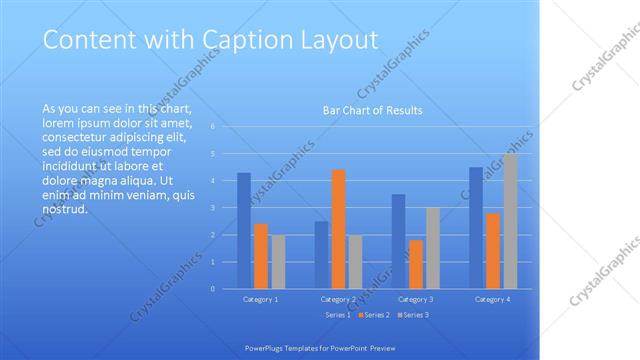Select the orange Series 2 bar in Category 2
click(x=338, y=229)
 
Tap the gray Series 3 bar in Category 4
click(x=510, y=221)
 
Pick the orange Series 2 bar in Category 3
click(x=416, y=264)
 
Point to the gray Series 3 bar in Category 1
click(x=277, y=262)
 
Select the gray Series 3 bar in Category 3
click(x=432, y=248)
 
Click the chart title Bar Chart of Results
click(x=372, y=110)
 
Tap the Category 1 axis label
click(x=260, y=299)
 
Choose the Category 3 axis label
click(x=415, y=299)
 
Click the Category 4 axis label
click(x=492, y=299)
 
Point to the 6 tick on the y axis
click(x=213, y=127)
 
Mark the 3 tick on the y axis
click(x=213, y=208)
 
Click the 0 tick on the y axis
click(x=213, y=289)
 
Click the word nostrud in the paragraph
click(x=66, y=210)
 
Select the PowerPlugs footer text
click(x=320, y=347)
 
